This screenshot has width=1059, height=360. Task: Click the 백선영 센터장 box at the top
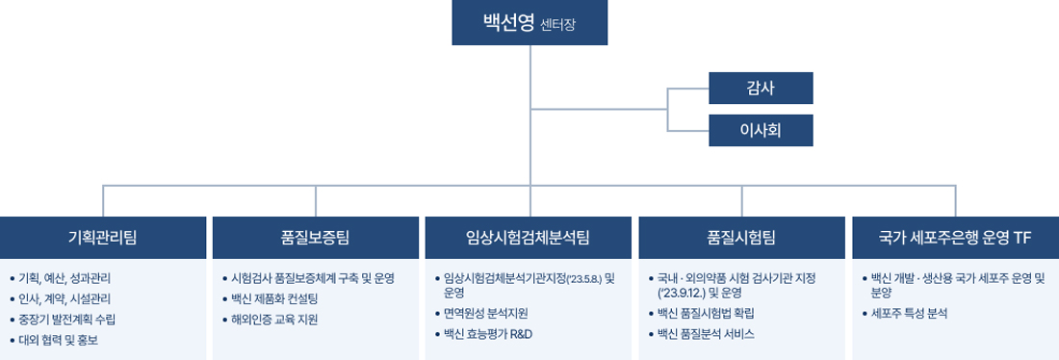pyautogui.click(x=529, y=22)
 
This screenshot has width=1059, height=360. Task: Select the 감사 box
pyautogui.click(x=761, y=88)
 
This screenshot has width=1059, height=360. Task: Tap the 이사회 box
pyautogui.click(x=761, y=130)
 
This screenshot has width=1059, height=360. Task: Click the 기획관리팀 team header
pyautogui.click(x=103, y=237)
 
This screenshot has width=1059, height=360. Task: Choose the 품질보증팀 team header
pyautogui.click(x=316, y=237)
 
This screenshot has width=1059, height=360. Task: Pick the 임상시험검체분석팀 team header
pyautogui.click(x=529, y=237)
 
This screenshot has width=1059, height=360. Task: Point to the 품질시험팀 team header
pyautogui.click(x=741, y=237)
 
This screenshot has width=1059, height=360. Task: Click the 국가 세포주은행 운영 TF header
pyautogui.click(x=956, y=237)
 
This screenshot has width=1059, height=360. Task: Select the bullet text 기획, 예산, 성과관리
pyautogui.click(x=65, y=278)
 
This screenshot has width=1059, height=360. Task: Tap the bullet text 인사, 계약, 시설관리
pyautogui.click(x=65, y=298)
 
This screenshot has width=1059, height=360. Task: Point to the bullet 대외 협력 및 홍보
pyautogui.click(x=59, y=340)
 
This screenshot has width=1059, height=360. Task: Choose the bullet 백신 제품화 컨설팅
pyautogui.click(x=274, y=298)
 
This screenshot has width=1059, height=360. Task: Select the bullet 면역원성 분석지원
pyautogui.click(x=485, y=314)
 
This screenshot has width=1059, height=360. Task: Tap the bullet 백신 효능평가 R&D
pyautogui.click(x=488, y=334)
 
